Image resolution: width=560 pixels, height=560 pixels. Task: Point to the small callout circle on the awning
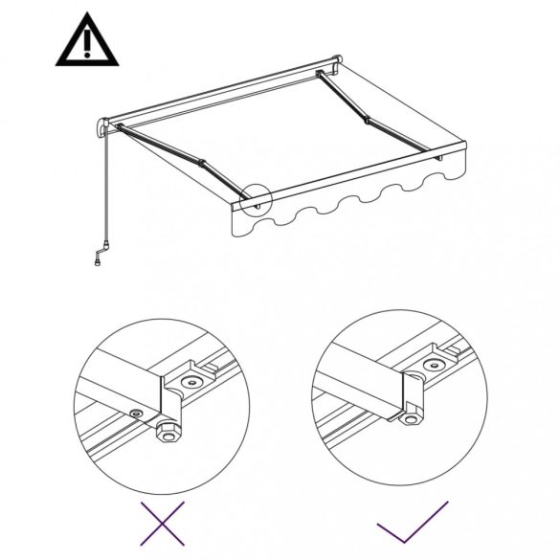(258, 199)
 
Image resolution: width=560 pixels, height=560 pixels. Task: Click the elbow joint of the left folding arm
(198, 162)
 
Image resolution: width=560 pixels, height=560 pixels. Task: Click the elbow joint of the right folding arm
(367, 121)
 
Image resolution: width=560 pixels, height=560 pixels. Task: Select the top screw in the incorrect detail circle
(192, 381)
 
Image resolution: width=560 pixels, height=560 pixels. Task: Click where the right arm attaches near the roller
(321, 74)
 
